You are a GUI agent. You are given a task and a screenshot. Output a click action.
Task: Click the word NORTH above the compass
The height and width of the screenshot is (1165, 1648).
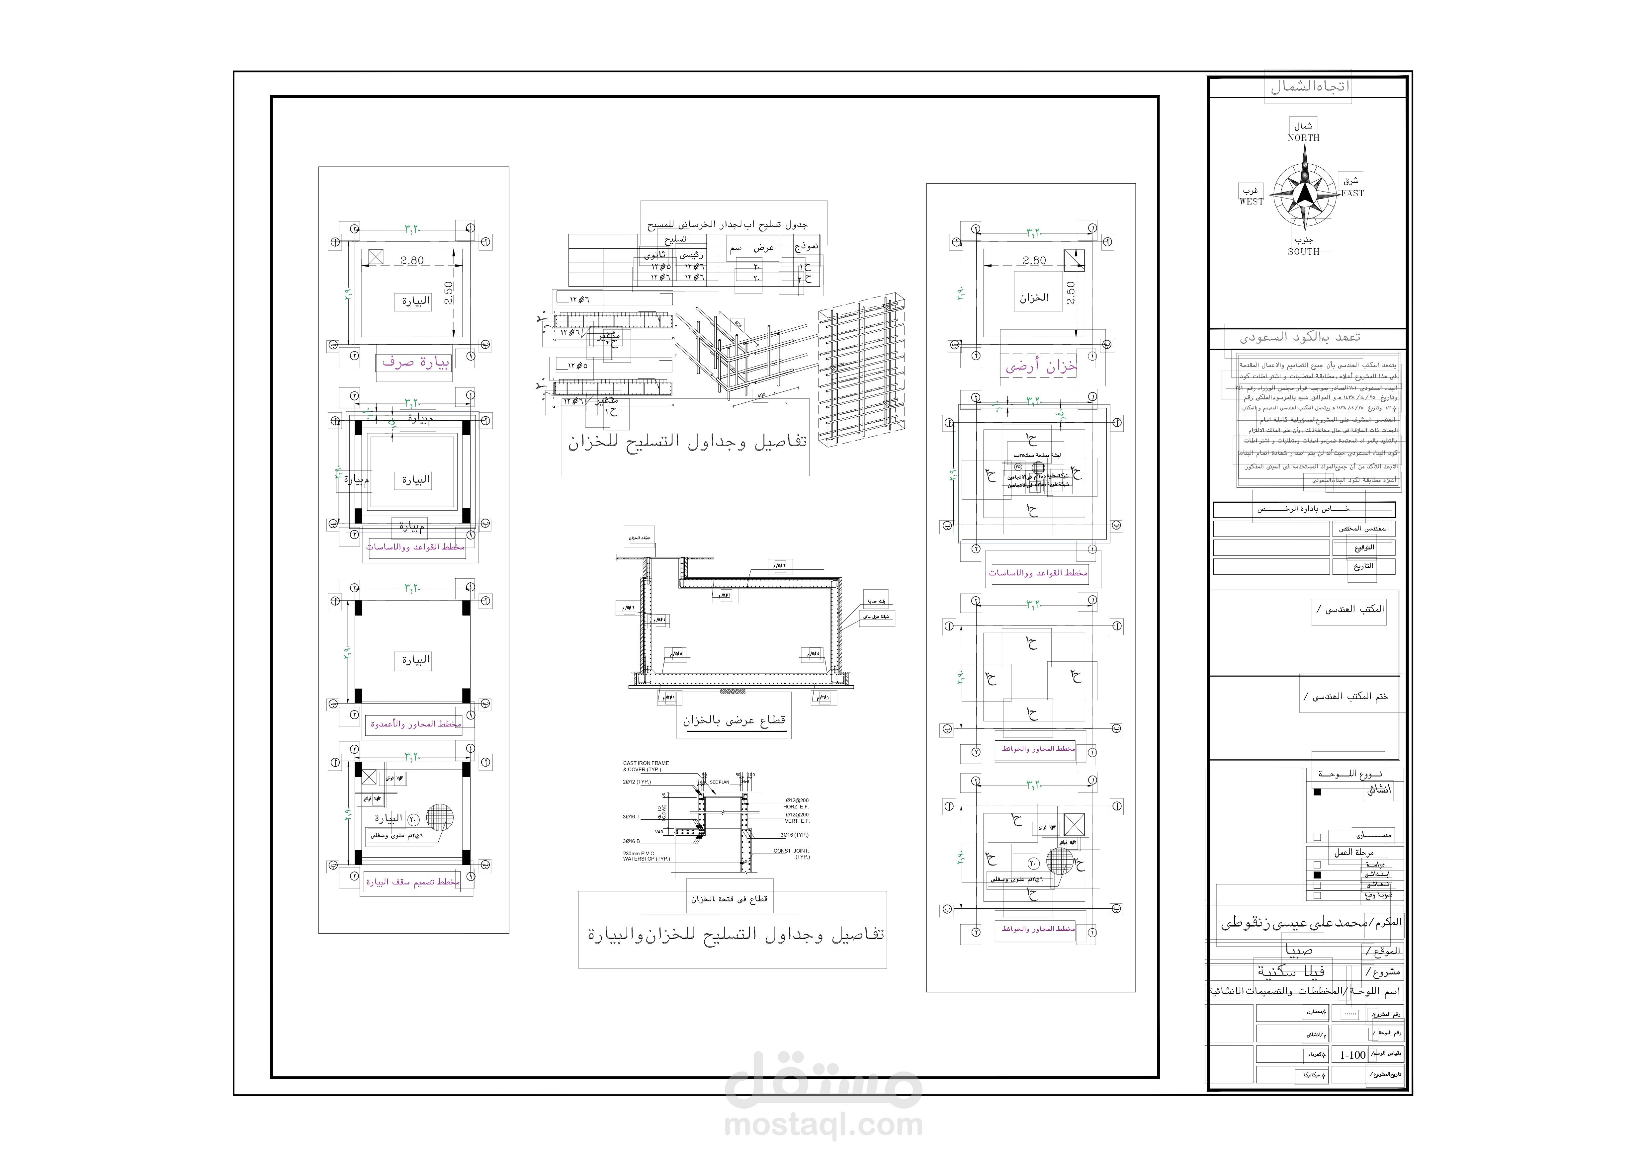pyautogui.click(x=1303, y=138)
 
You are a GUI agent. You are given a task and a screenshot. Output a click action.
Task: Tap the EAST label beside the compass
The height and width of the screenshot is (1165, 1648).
pyautogui.click(x=1352, y=193)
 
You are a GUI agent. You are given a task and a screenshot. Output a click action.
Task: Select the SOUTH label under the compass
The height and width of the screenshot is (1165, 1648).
pyautogui.click(x=1303, y=252)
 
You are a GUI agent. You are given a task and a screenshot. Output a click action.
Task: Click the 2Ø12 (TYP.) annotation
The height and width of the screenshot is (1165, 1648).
pyautogui.click(x=637, y=782)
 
